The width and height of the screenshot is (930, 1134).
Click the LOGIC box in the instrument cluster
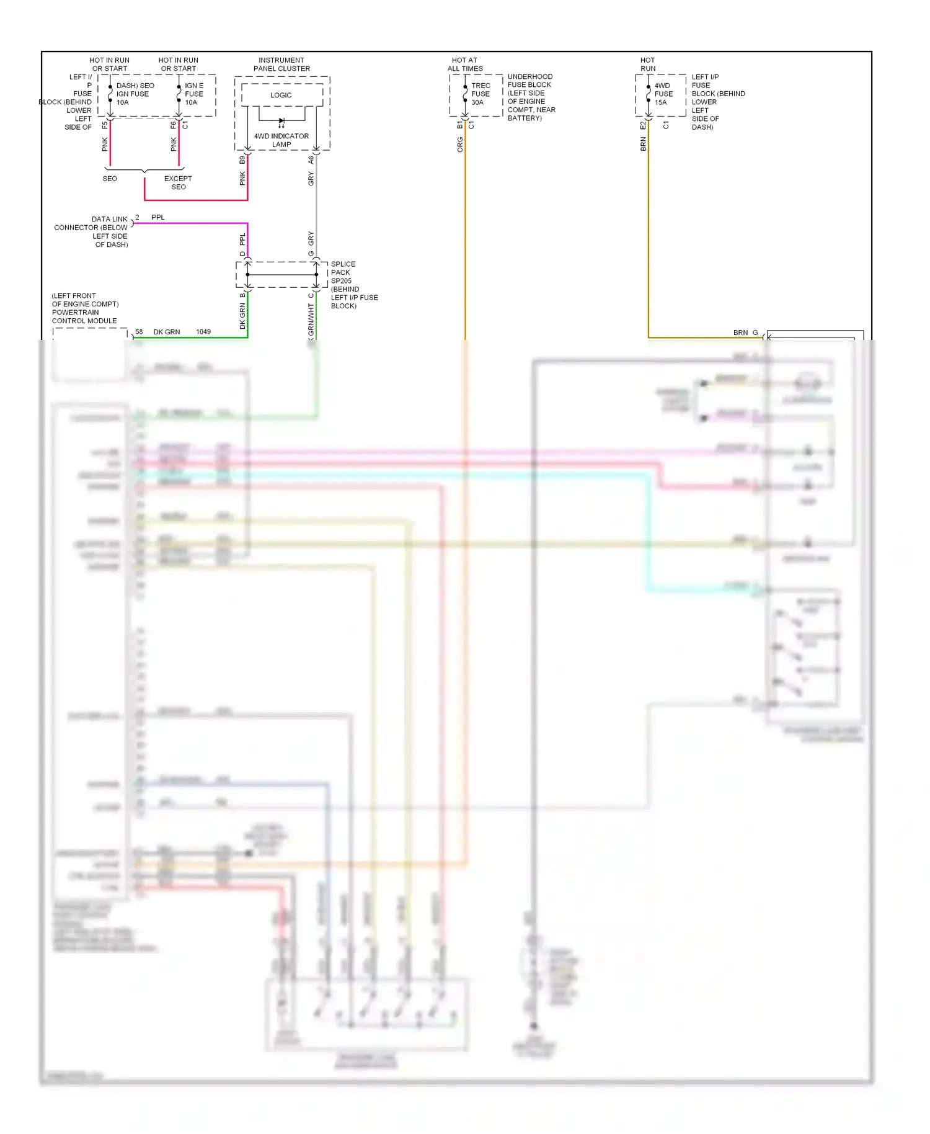click(x=281, y=95)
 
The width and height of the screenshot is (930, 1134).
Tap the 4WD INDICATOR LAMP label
click(x=281, y=140)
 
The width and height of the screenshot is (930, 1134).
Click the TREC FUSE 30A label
click(x=480, y=94)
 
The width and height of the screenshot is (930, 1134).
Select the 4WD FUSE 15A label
click(x=663, y=94)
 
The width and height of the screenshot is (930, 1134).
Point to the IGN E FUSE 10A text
click(x=193, y=94)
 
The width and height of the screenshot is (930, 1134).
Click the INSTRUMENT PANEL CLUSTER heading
click(x=281, y=65)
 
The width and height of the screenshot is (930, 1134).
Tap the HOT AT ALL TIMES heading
click(x=465, y=65)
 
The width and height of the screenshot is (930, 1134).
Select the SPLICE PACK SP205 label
click(x=343, y=272)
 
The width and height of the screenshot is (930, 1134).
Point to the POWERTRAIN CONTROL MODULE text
click(x=84, y=316)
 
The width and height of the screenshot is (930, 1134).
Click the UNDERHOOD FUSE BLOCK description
click(x=531, y=97)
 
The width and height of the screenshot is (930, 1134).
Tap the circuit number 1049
click(x=203, y=332)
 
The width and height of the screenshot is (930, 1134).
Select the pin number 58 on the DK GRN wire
click(x=139, y=332)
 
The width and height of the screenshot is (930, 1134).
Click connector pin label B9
click(x=242, y=160)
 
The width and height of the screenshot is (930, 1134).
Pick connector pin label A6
click(x=311, y=160)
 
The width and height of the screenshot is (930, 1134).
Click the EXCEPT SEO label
click(x=178, y=182)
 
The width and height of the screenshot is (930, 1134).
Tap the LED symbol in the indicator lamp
click(x=281, y=122)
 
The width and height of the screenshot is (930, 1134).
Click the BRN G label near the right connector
click(x=745, y=333)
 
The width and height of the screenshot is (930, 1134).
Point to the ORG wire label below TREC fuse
click(x=460, y=145)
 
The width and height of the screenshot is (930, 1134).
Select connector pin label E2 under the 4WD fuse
click(x=643, y=126)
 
